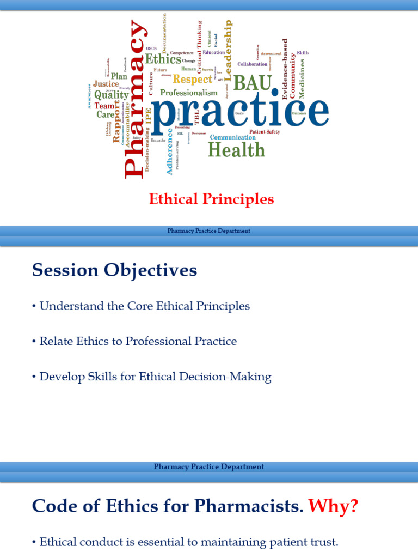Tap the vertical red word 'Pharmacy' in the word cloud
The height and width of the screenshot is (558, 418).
134,99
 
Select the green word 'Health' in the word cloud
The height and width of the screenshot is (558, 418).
236,149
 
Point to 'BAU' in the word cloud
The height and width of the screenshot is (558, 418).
252,83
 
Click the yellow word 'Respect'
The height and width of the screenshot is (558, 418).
192,80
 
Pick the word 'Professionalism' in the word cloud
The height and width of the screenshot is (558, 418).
188,93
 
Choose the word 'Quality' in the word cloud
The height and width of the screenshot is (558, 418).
111,94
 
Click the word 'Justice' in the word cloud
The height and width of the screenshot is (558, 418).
106,84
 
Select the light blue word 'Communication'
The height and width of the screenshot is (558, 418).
232,137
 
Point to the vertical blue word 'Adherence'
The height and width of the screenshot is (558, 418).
169,151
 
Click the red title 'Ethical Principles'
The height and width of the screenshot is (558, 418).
211,199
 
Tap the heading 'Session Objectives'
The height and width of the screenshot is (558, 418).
114,270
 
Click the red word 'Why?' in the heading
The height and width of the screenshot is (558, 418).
333,506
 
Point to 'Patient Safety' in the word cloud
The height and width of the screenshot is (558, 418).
265,132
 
